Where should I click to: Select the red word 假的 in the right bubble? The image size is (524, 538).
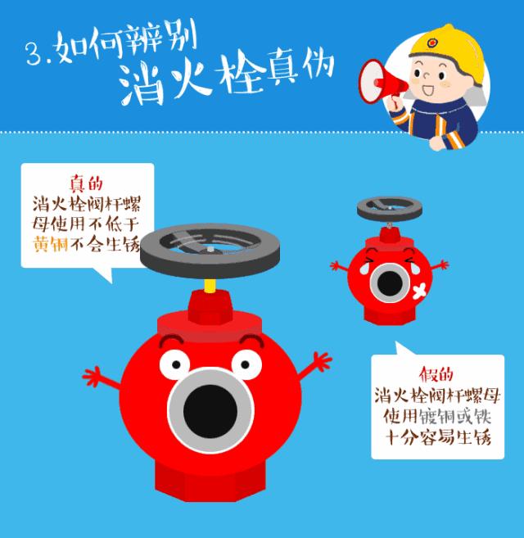point(435,375)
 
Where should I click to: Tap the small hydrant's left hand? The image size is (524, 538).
point(337,265)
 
